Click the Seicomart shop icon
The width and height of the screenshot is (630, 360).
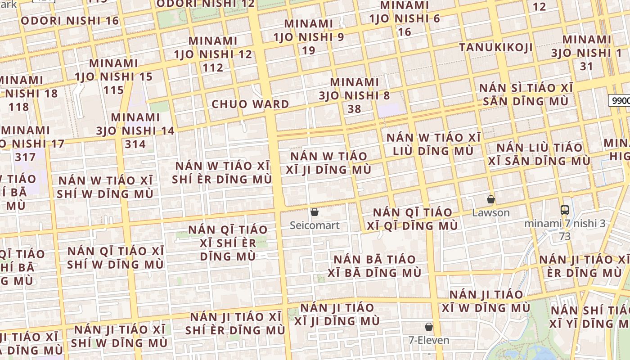pos(315,212)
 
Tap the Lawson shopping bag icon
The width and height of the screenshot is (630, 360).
pos(491,199)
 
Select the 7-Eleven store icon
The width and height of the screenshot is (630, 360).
pos(429,327)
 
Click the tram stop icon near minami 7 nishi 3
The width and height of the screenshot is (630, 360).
pos(565,210)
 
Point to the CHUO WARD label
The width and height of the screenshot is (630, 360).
pos(250,104)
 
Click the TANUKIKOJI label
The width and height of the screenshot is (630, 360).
pos(496,47)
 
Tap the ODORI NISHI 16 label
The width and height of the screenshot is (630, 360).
pos(70,21)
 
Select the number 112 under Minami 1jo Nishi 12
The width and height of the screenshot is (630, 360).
pos(213,67)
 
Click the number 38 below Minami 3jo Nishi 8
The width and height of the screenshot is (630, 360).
pos(355,109)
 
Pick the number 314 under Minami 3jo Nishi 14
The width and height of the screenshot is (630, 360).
pos(135,144)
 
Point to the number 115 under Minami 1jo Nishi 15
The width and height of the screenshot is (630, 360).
pos(113,90)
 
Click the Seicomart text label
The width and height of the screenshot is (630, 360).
pos(315,225)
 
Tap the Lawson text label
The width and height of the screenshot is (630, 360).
pos(491,212)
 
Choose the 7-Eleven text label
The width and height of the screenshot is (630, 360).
pos(429,340)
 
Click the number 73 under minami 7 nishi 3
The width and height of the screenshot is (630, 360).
pos(565,236)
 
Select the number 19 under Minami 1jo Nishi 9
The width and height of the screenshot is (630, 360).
pos(309,50)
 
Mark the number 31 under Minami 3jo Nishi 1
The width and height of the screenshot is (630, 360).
pos(586,66)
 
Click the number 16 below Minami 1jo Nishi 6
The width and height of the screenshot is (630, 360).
pos(405,31)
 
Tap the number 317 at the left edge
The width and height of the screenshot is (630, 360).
pos(25,157)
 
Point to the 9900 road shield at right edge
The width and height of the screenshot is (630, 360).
pos(620,100)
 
